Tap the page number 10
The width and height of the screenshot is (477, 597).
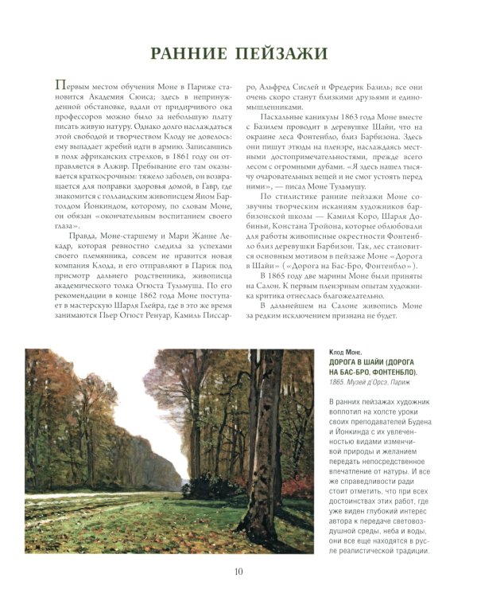coord(238,571)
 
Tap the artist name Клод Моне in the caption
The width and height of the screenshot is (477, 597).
coord(345,352)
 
